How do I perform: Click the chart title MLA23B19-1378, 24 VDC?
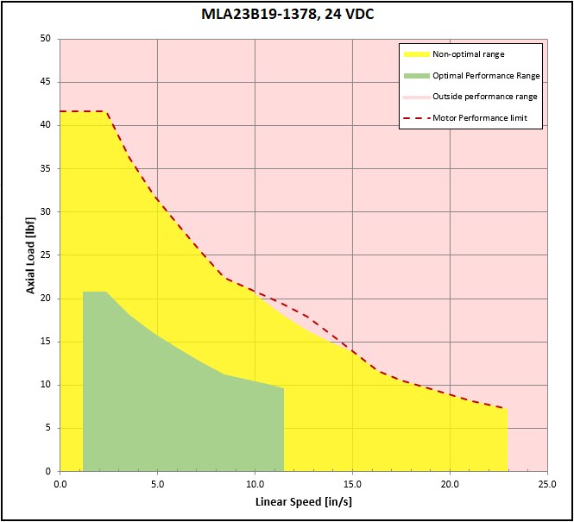coord(286,15)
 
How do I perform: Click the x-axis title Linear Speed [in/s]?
coord(303,501)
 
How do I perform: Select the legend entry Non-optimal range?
coord(469,54)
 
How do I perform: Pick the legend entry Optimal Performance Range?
coord(486,75)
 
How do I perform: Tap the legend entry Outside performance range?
coord(484,97)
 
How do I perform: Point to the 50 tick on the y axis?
coord(45,39)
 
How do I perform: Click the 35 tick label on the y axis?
coord(45,168)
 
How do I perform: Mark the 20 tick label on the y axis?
coord(45,299)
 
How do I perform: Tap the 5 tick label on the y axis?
coord(47,428)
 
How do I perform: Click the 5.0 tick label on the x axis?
coord(157,483)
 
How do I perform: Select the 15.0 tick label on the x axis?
coord(352,483)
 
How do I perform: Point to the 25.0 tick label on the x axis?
coord(547,483)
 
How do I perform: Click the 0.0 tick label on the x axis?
coord(60,483)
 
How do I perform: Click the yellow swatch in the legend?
coord(416,54)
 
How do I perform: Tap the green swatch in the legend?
coord(416,75)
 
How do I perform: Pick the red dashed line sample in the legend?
coord(416,118)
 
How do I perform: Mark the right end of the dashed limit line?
coord(508,409)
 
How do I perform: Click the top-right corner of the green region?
coord(284,388)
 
